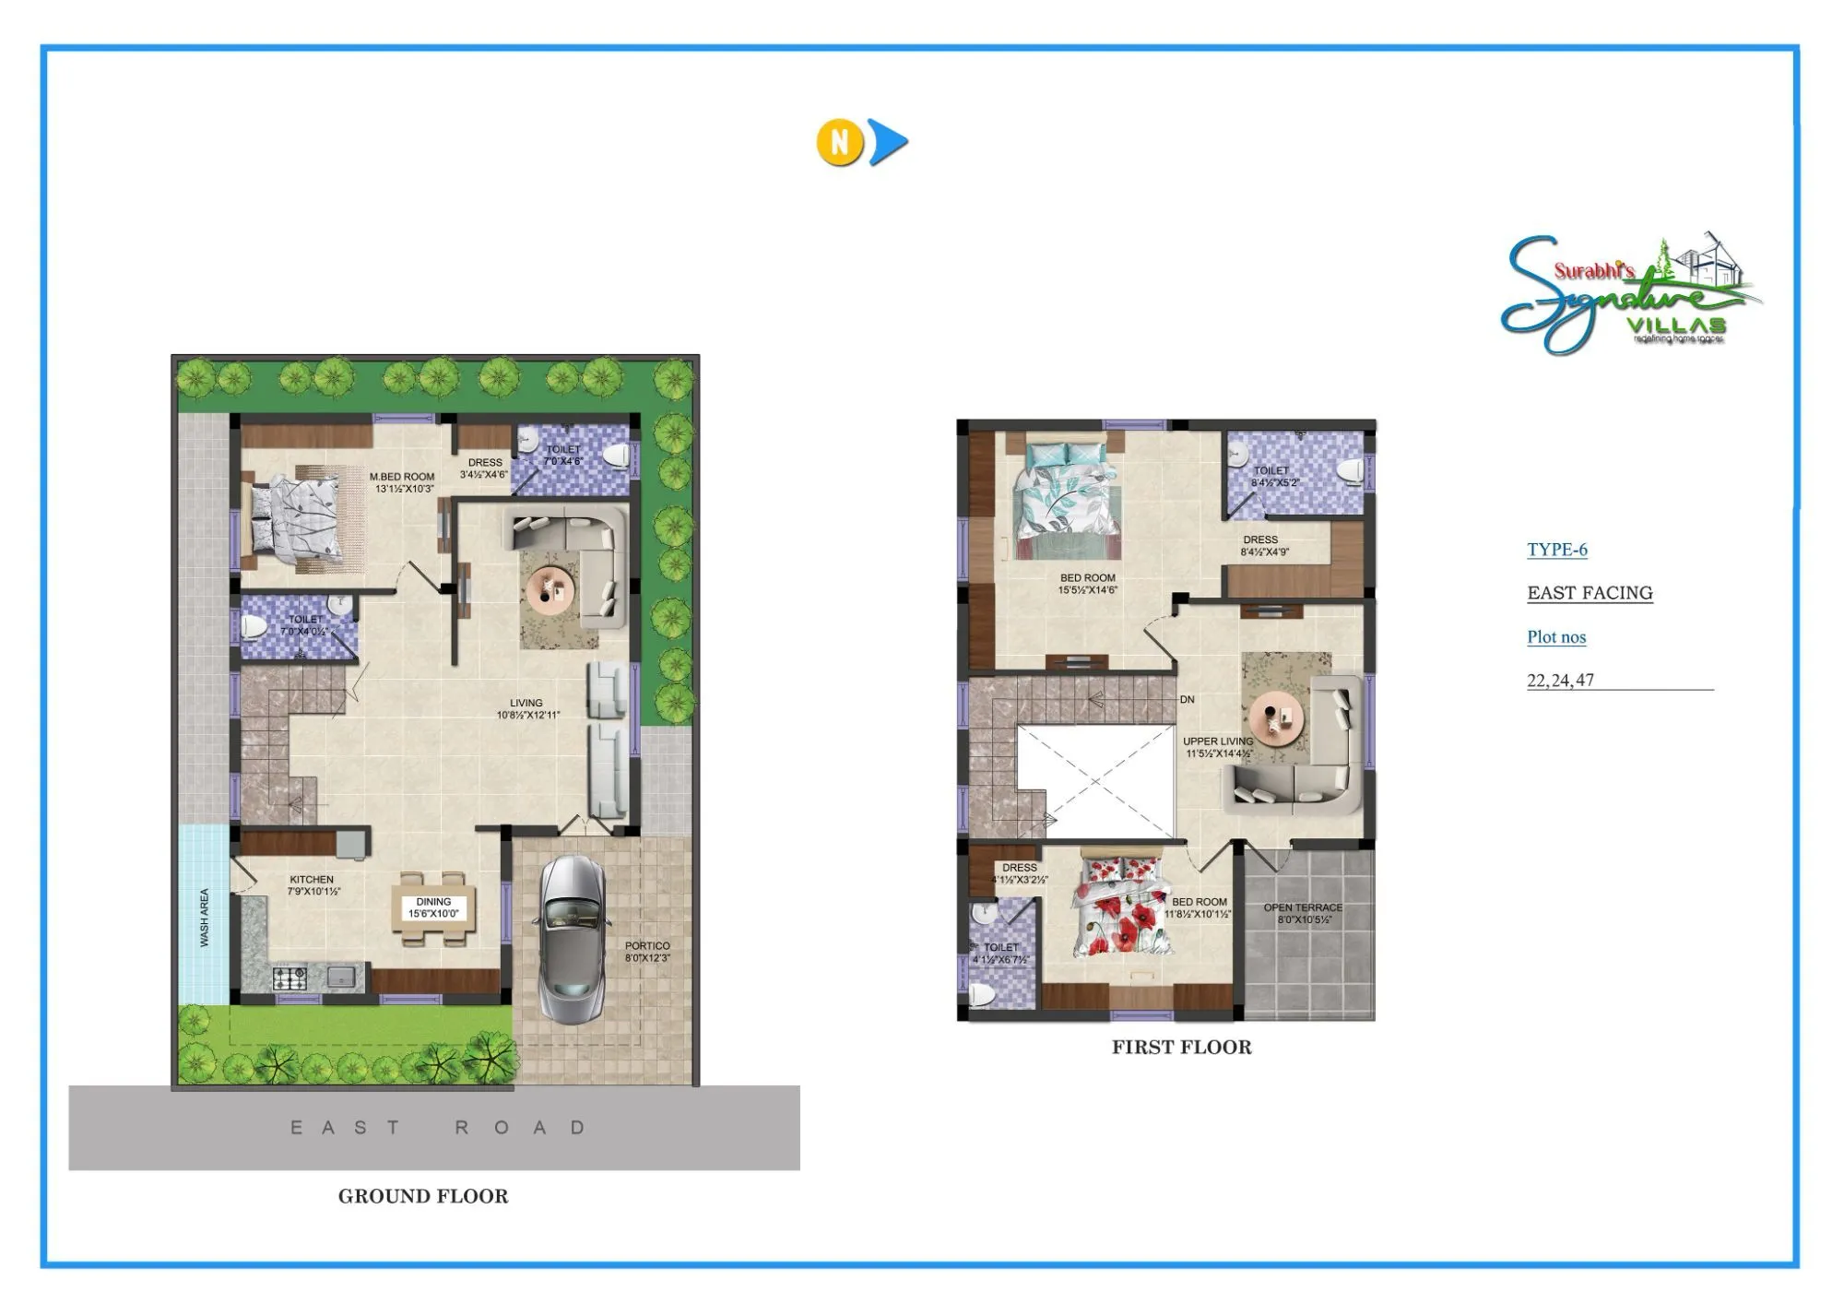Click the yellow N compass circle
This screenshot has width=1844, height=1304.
coord(839,142)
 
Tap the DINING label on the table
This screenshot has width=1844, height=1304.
coord(433,902)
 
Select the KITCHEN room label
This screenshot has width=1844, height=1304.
coord(312,880)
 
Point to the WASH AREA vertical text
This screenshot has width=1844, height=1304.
coord(205,918)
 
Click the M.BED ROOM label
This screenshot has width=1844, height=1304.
coord(402,477)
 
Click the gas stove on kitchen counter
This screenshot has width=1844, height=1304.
coord(290,978)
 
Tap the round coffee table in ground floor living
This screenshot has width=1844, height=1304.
coord(550,588)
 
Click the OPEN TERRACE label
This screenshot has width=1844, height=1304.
coord(1303,908)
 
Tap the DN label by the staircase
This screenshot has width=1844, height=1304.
coord(1188,700)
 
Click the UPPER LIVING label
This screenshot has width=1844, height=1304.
coord(1218,741)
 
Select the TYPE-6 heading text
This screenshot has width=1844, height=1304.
coord(1557,550)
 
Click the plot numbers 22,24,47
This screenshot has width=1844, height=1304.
coord(1560,681)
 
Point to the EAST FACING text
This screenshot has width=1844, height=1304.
coord(1590,593)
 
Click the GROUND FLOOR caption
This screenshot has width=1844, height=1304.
coord(423,1196)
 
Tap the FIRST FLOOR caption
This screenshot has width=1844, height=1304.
coord(1181,1047)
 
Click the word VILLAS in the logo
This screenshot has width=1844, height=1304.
coord(1676,326)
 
